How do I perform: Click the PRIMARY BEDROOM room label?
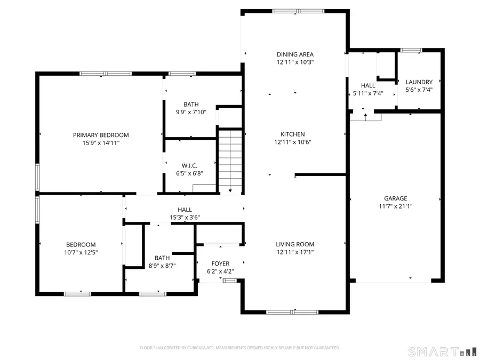[101, 135]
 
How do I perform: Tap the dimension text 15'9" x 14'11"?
[101, 143]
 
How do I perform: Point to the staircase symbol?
[230, 160]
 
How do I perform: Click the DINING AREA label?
[295, 54]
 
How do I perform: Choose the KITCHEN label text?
[293, 134]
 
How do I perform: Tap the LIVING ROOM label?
[295, 244]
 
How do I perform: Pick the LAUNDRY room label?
[419, 82]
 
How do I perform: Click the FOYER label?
[220, 263]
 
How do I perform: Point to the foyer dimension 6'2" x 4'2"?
[220, 271]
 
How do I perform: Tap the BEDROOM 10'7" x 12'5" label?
[81, 244]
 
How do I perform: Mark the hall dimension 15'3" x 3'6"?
[185, 217]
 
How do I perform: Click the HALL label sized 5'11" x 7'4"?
[368, 85]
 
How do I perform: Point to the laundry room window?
[411, 51]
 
